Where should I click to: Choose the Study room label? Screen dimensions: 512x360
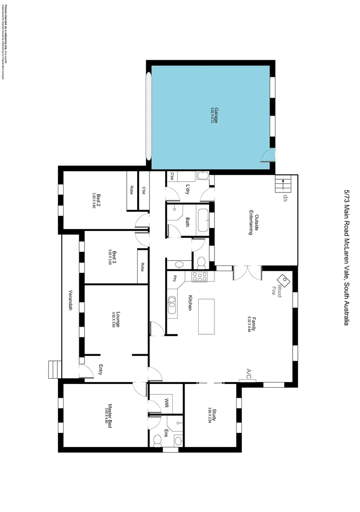click(x=214, y=415)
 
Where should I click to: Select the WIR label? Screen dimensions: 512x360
click(x=166, y=403)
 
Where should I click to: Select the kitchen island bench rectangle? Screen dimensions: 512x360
click(x=206, y=316)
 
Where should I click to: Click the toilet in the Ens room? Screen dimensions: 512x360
click(x=157, y=441)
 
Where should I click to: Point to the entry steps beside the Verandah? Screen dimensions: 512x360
click(x=55, y=368)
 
